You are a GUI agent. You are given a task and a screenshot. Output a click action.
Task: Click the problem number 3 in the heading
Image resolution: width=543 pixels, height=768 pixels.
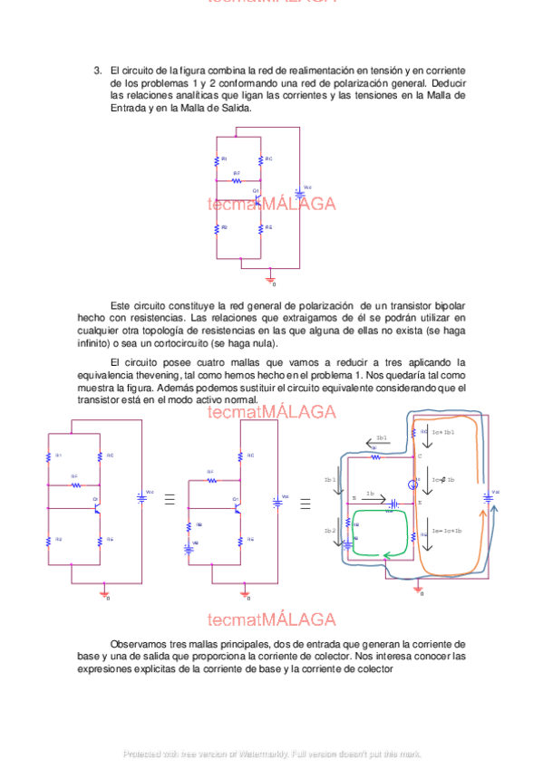pyautogui.click(x=97, y=70)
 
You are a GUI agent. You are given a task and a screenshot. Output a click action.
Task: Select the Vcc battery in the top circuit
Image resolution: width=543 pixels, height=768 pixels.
pyautogui.click(x=299, y=193)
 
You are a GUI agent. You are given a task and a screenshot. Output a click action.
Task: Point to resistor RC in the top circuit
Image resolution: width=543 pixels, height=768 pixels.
pyautogui.click(x=260, y=160)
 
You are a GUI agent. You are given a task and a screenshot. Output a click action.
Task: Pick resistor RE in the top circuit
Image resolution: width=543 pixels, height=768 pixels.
pyautogui.click(x=260, y=228)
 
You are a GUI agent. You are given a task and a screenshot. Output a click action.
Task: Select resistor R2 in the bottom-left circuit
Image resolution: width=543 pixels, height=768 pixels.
pyautogui.click(x=48, y=540)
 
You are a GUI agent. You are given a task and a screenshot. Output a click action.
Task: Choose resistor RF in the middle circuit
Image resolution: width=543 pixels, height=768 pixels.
pyautogui.click(x=210, y=480)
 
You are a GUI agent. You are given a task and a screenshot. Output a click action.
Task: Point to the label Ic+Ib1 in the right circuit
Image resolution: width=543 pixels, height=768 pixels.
pyautogui.click(x=442, y=433)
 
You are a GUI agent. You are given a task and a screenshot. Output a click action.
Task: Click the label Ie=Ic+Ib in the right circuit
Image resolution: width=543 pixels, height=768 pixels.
pyautogui.click(x=447, y=531)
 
